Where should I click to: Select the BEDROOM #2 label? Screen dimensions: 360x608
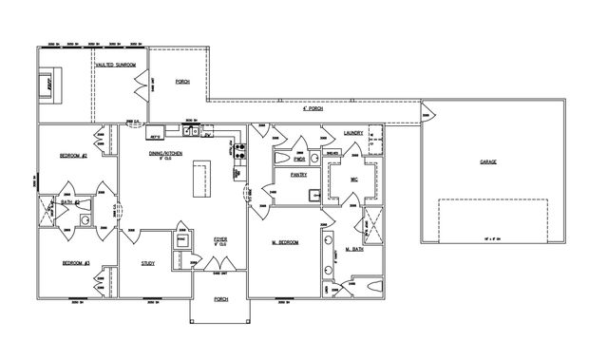click(74, 156)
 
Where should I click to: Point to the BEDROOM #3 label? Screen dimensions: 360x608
click(75, 263)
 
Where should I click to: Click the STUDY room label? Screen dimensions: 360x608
click(148, 263)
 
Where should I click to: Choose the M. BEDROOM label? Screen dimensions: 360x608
click(285, 243)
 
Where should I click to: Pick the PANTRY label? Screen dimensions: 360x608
click(285, 175)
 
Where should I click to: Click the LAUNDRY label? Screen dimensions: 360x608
click(354, 133)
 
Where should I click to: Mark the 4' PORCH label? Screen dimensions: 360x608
click(312, 108)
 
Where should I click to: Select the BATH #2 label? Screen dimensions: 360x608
click(70, 201)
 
